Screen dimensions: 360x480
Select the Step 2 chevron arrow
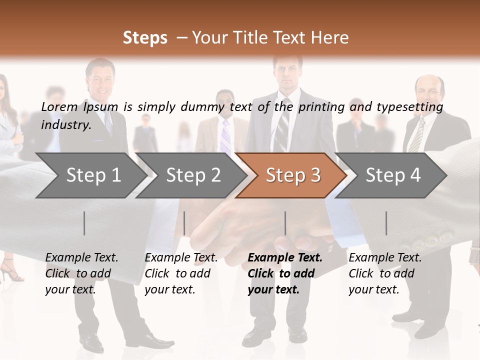click(x=193, y=175)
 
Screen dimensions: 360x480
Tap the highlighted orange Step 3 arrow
click(x=293, y=175)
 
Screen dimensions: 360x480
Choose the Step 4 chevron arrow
click(x=393, y=175)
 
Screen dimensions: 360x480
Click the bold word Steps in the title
click(x=145, y=38)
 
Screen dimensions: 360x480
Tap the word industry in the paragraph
click(x=65, y=125)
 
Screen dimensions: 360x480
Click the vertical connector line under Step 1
click(x=84, y=223)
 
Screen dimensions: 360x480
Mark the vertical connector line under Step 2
click(x=184, y=223)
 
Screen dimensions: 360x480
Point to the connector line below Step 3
click(x=285, y=223)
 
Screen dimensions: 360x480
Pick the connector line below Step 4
click(x=386, y=223)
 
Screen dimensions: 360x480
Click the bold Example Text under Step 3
click(x=285, y=258)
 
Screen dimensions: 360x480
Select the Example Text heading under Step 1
click(x=81, y=258)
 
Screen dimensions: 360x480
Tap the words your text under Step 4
click(x=373, y=289)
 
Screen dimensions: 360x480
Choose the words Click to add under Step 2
click(x=177, y=273)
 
